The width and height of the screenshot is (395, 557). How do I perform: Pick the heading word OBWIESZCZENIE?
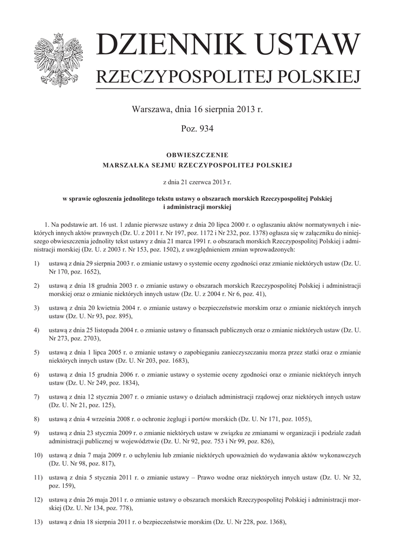[197, 155]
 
